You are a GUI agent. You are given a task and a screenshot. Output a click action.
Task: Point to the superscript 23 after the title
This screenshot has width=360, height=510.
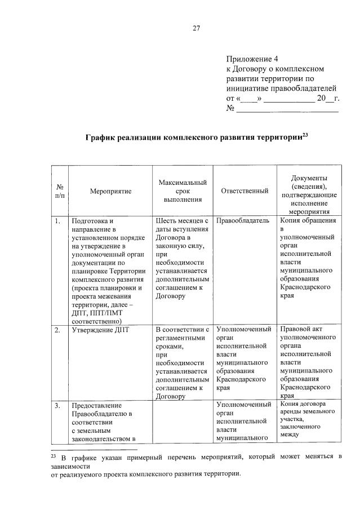[x=305, y=134]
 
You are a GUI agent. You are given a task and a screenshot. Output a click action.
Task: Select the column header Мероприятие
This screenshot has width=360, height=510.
[x=110, y=191]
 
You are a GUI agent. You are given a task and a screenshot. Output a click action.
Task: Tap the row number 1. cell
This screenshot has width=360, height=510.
[x=59, y=221]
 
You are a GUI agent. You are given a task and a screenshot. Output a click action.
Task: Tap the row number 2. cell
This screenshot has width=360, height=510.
[x=59, y=330]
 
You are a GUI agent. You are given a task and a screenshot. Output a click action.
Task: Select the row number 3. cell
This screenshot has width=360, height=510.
[x=59, y=405]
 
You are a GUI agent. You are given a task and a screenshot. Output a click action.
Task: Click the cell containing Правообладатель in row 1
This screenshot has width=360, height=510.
[x=243, y=221]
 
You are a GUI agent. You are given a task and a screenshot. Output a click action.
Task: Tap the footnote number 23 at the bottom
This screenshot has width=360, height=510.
[x=54, y=456]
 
